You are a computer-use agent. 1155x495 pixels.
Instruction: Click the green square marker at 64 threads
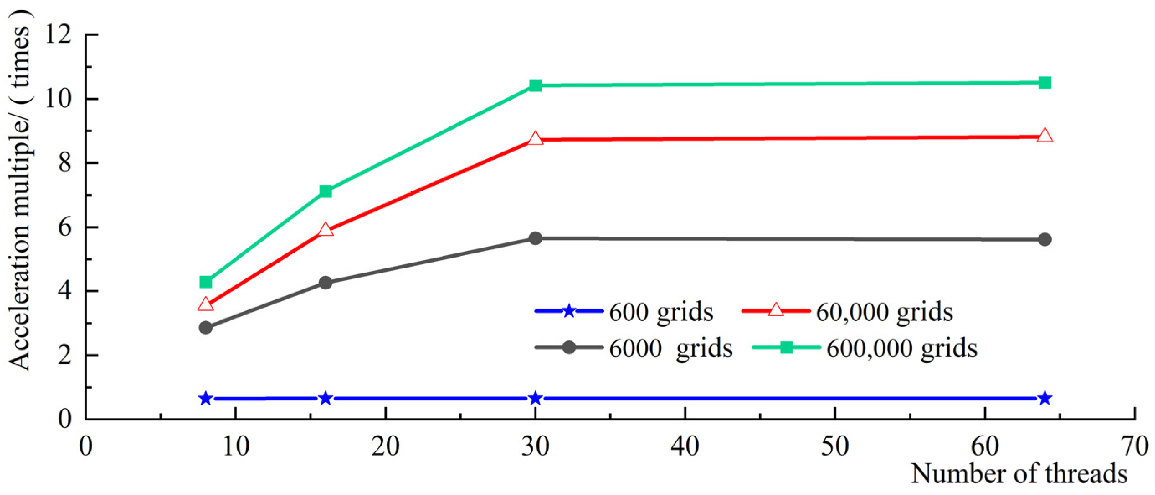tap(1045, 82)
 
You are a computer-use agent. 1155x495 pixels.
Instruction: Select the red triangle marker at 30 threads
tap(535, 139)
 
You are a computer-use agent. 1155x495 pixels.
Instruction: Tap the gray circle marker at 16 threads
tap(326, 282)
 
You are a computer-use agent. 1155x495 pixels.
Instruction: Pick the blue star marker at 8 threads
tap(206, 398)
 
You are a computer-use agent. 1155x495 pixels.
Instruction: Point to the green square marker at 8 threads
tap(206, 282)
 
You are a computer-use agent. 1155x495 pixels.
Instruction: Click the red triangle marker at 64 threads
tap(1045, 136)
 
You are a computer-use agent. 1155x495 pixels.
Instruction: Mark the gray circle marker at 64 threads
tap(1045, 239)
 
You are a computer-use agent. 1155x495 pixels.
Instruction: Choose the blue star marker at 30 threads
tap(535, 398)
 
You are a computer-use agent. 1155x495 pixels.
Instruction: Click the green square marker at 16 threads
tap(326, 192)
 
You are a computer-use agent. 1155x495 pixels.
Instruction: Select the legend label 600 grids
tap(661, 312)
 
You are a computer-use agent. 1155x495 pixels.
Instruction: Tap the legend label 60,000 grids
tap(884, 312)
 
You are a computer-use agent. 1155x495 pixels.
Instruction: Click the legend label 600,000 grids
tap(902, 349)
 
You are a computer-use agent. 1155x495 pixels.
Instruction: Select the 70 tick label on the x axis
tap(1134, 446)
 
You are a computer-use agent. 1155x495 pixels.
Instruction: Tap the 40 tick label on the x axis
tap(685, 446)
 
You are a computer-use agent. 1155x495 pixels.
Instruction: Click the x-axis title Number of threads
tap(1019, 474)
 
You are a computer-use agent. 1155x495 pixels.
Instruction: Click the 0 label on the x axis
tap(85, 446)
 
